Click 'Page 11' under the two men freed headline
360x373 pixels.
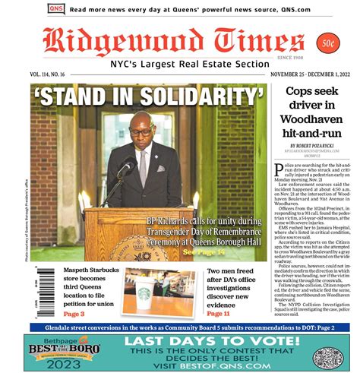pos(218,313)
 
